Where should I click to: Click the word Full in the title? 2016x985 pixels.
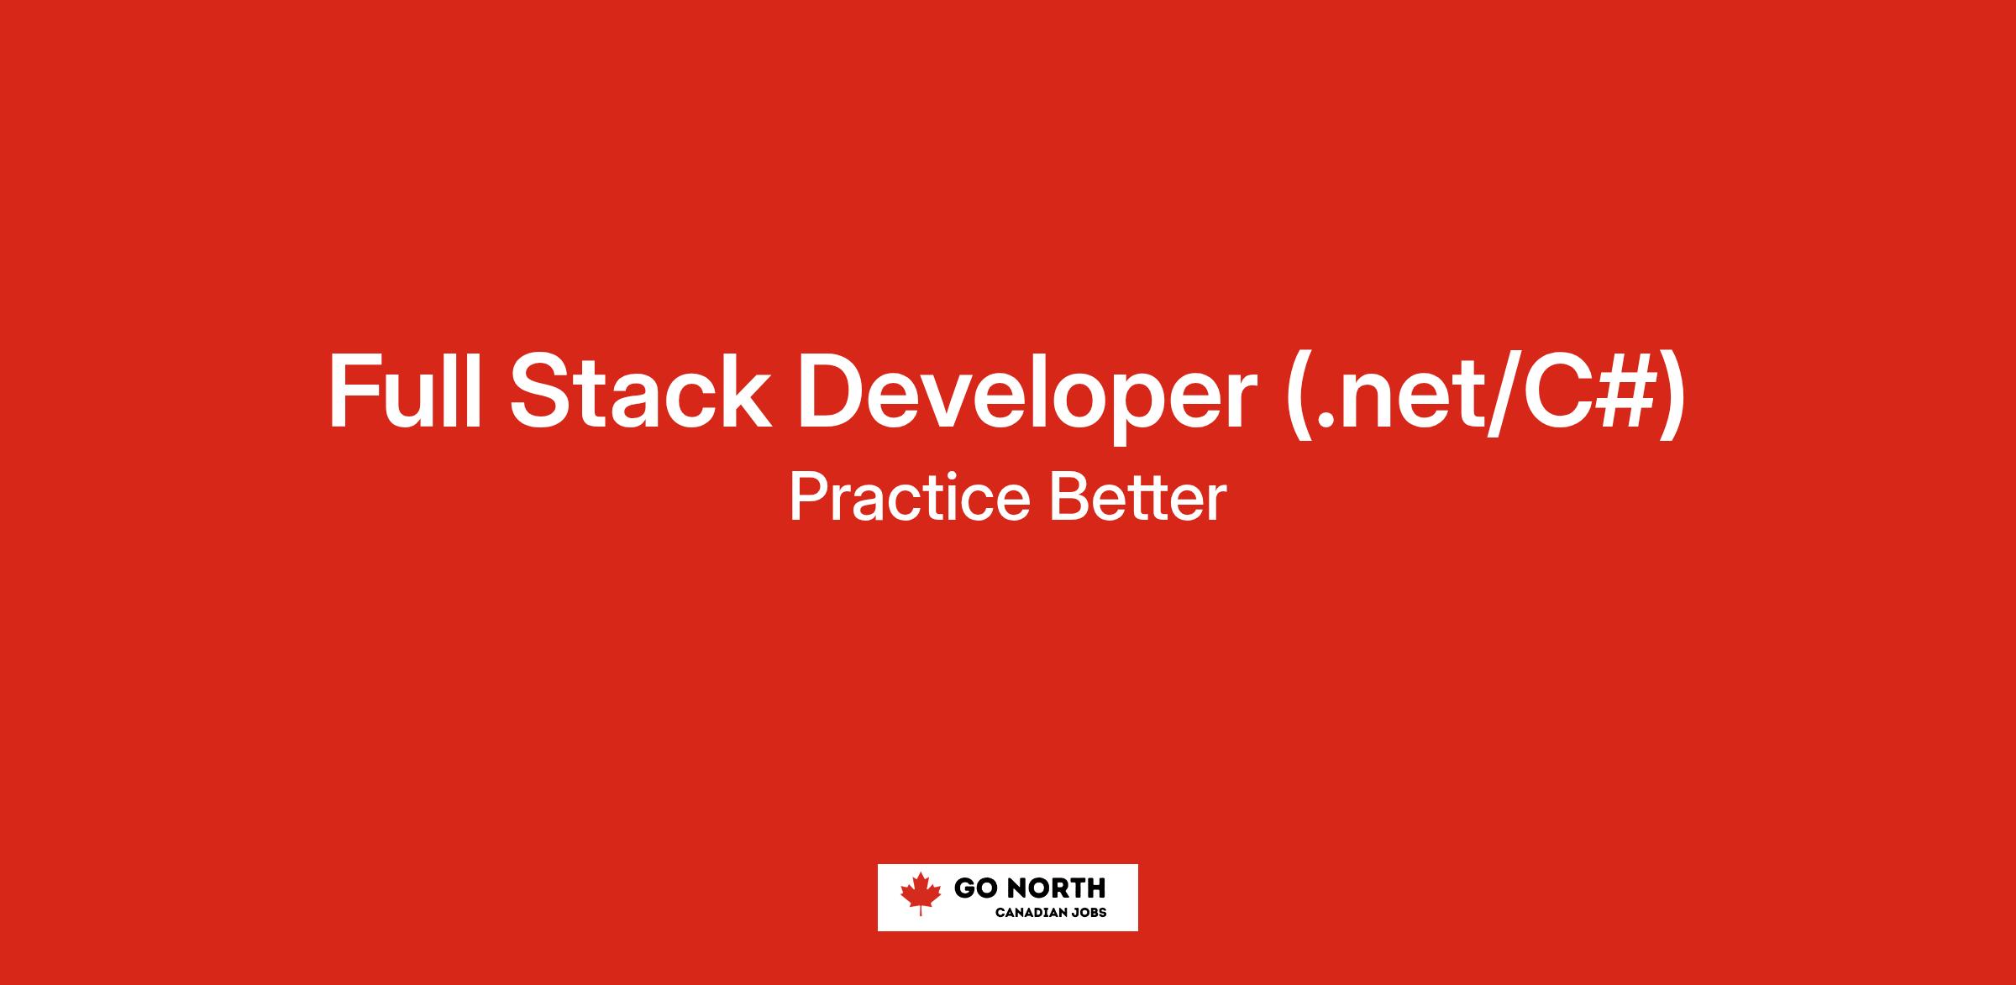click(x=405, y=391)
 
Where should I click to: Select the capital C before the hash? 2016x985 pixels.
click(x=1548, y=391)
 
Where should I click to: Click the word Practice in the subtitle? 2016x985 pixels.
click(x=910, y=497)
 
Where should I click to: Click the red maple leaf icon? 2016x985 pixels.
click(x=921, y=893)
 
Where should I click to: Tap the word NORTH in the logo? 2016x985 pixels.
click(x=1056, y=888)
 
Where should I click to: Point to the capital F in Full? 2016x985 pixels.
click(x=354, y=391)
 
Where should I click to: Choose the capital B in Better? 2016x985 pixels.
click(x=1068, y=498)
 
